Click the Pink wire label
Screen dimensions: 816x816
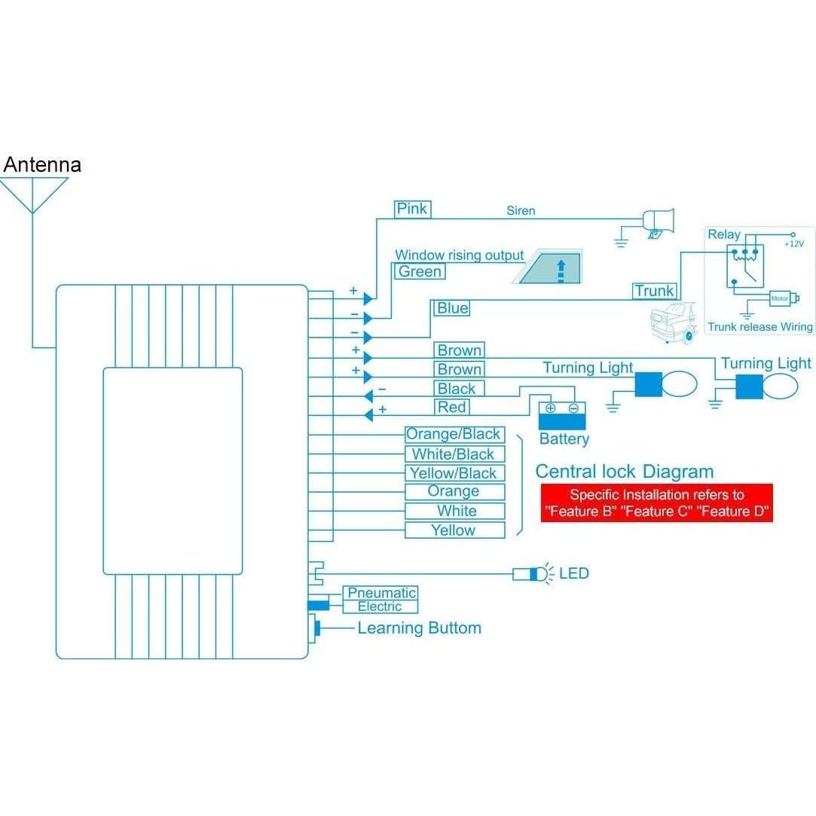[412, 209]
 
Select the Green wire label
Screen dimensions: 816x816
[420, 271]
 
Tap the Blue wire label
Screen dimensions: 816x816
[452, 307]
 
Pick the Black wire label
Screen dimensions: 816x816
[457, 389]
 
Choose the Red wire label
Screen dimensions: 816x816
[452, 408]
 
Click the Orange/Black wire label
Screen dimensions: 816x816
[454, 434]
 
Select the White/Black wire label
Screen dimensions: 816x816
[454, 454]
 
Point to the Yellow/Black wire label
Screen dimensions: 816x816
[454, 473]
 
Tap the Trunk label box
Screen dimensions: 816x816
[655, 291]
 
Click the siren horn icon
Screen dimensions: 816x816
[659, 221]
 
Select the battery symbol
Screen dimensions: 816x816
[561, 414]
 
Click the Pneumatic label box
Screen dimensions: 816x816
[381, 593]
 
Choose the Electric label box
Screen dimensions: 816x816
[380, 607]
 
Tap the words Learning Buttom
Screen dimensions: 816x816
[419, 628]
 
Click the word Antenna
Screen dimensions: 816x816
[42, 164]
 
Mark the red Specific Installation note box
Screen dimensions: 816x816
[656, 503]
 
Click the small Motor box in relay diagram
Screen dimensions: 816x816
[780, 299]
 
